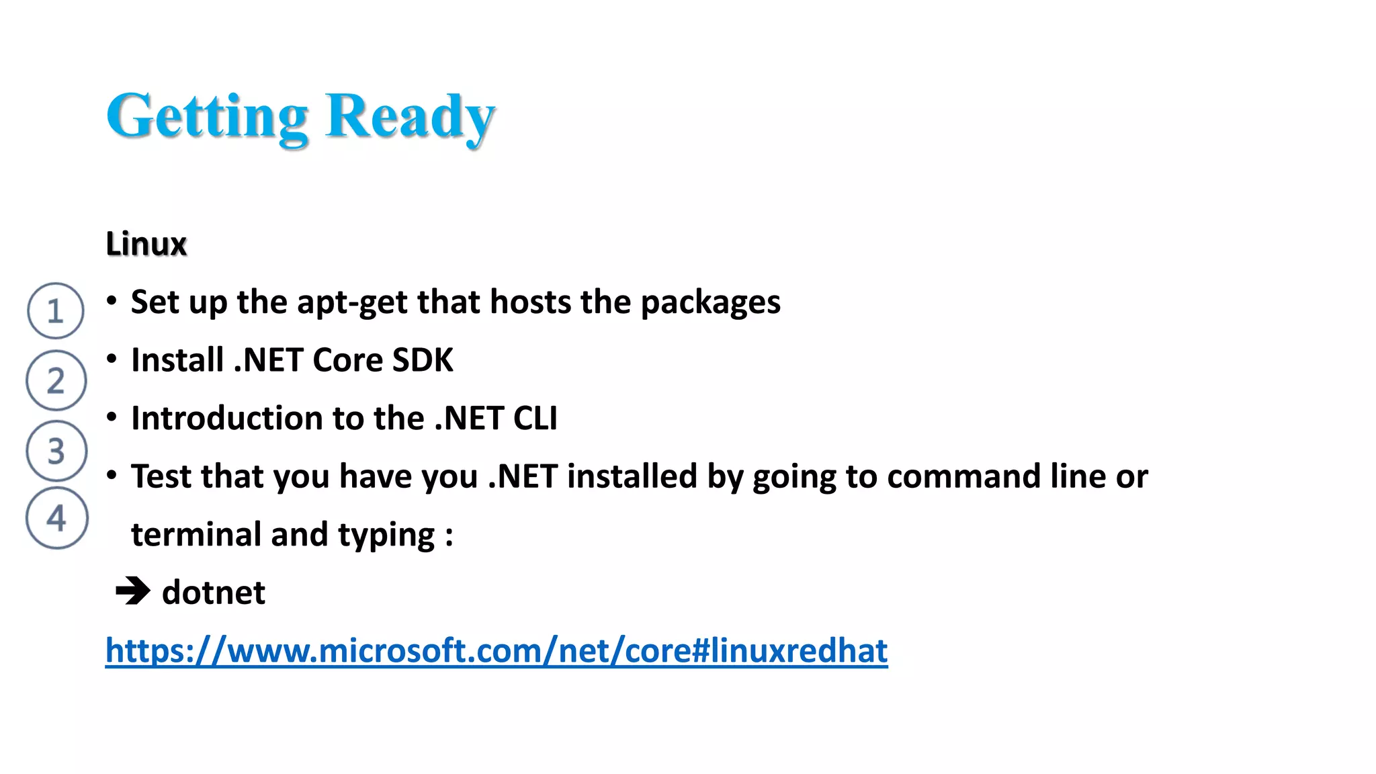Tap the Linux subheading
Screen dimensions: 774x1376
pyautogui.click(x=146, y=243)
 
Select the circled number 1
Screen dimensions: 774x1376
pyautogui.click(x=56, y=311)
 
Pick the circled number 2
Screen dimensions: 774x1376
pyautogui.click(x=56, y=380)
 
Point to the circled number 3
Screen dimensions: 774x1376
pyautogui.click(x=56, y=451)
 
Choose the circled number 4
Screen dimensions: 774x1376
pyautogui.click(x=57, y=518)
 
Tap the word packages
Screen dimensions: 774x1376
pyautogui.click(x=710, y=302)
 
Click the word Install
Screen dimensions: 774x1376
pyautogui.click(x=177, y=360)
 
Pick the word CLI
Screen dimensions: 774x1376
pyautogui.click(x=535, y=418)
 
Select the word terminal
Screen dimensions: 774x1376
pyautogui.click(x=196, y=535)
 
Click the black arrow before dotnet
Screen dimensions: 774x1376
pyautogui.click(x=133, y=592)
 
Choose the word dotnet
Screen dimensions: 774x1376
pyautogui.click(x=214, y=593)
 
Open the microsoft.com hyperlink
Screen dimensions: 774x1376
pyautogui.click(x=497, y=650)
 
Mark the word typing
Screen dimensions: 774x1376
pyautogui.click(x=386, y=535)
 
